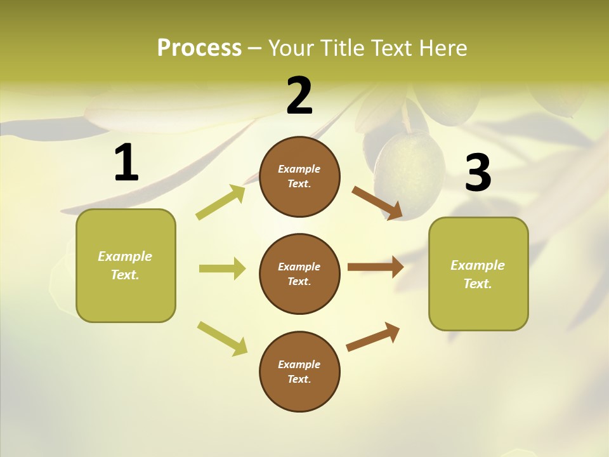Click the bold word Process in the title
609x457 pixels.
click(x=199, y=48)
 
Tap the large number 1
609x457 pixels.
click(x=126, y=163)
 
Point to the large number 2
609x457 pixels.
click(x=299, y=96)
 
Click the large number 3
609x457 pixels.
click(x=478, y=173)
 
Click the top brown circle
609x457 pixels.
click(x=299, y=176)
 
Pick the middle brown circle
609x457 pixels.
click(x=299, y=274)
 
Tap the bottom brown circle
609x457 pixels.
click(x=299, y=371)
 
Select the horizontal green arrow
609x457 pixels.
click(x=222, y=268)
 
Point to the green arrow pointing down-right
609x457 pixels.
click(x=222, y=338)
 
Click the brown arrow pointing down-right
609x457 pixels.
click(x=377, y=203)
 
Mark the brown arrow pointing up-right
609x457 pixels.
click(x=373, y=336)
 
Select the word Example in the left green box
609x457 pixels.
click(x=125, y=256)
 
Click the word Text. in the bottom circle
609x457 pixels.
click(x=299, y=379)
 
